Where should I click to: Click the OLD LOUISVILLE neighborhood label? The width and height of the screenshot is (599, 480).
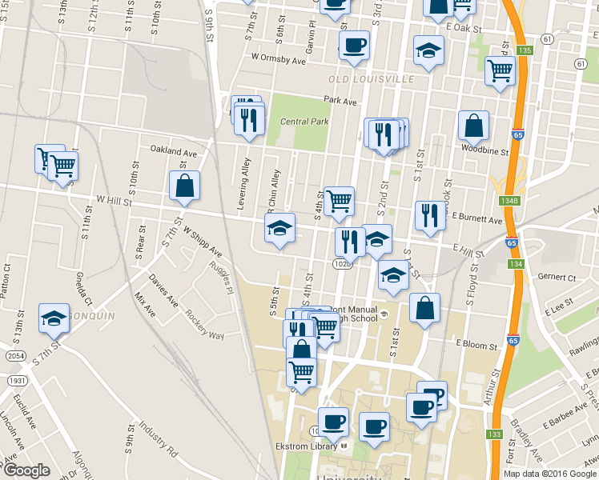pyautogui.click(x=372, y=80)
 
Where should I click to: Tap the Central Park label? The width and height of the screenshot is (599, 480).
pyautogui.click(x=304, y=122)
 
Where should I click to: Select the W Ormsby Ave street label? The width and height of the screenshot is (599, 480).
pyautogui.click(x=279, y=58)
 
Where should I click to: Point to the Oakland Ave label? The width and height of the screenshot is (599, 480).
pyautogui.click(x=174, y=151)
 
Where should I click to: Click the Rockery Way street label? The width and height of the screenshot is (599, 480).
pyautogui.click(x=205, y=324)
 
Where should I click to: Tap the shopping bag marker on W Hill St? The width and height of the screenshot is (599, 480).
pyautogui.click(x=185, y=186)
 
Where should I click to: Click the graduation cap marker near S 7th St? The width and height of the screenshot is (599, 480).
pyautogui.click(x=54, y=318)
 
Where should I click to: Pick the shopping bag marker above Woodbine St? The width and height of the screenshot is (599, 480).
pyautogui.click(x=473, y=125)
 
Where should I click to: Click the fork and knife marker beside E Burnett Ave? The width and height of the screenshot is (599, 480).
pyautogui.click(x=430, y=214)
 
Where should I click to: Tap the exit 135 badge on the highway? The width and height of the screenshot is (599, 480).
pyautogui.click(x=525, y=50)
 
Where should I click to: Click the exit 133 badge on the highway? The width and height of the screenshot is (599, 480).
pyautogui.click(x=494, y=434)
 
